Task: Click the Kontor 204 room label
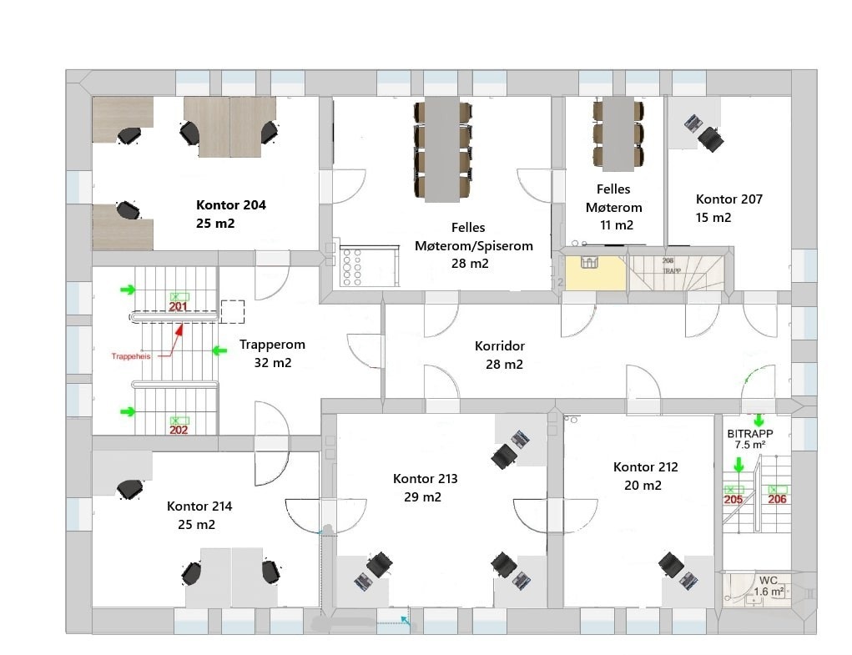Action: click(x=231, y=204)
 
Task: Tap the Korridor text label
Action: click(x=499, y=345)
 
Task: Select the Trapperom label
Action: click(x=272, y=344)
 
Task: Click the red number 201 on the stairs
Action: click(x=178, y=307)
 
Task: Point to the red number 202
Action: click(x=179, y=431)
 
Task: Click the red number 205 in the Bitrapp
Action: click(x=733, y=500)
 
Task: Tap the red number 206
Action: click(x=777, y=500)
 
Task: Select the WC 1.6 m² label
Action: click(x=769, y=586)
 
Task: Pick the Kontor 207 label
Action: click(x=728, y=199)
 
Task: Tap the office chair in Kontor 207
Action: click(x=710, y=139)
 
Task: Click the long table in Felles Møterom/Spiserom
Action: click(x=442, y=149)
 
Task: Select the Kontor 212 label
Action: click(x=644, y=467)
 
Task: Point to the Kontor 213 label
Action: click(x=425, y=479)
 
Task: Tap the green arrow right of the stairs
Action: click(x=219, y=351)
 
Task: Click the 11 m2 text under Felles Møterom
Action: click(x=616, y=224)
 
